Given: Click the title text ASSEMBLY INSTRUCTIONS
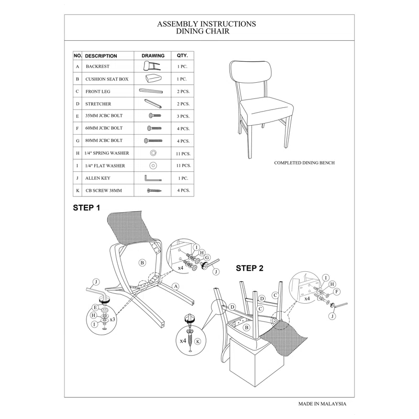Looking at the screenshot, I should [206, 24].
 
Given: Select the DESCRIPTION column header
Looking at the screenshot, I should [101, 56].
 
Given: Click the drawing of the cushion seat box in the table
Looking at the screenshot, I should [152, 79].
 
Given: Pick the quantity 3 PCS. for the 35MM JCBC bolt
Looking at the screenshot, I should [183, 116].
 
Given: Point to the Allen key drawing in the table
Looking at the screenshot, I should [152, 179].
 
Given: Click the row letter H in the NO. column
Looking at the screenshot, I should [78, 153].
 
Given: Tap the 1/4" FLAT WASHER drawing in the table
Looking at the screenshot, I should [153, 166].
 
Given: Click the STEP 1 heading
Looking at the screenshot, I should [86, 208].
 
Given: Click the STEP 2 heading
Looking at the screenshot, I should [249, 268].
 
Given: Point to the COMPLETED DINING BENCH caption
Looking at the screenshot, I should [304, 163].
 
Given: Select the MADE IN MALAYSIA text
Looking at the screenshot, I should [322, 404].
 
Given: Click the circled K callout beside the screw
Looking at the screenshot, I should [197, 341].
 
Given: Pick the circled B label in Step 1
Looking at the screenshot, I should [142, 262].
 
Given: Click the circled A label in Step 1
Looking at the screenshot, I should [176, 286].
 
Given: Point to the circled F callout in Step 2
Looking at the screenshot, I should [337, 291].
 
